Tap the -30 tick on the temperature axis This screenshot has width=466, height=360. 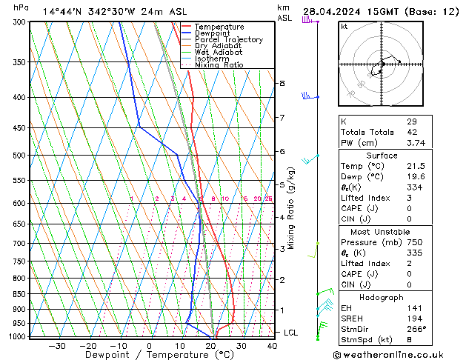pos(57,346)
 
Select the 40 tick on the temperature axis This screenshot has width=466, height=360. pos(273,346)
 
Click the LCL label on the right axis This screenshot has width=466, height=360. pos(291,333)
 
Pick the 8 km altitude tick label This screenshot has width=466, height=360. pos(282,84)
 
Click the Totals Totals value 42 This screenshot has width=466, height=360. pos(411,132)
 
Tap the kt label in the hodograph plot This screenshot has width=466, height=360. pos(344,26)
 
